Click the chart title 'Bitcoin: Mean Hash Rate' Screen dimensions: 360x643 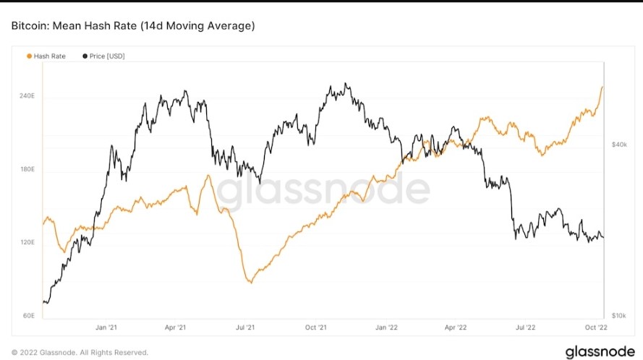(x=132, y=26)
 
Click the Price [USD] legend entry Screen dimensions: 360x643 (x=104, y=56)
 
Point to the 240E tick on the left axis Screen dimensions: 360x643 (x=27, y=96)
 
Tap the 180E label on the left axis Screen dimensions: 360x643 (x=27, y=170)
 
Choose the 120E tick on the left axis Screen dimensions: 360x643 (x=27, y=243)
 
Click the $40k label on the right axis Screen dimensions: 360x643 (x=619, y=145)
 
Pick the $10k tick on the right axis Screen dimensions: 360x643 (x=619, y=316)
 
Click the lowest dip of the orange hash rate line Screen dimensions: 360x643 (x=250, y=282)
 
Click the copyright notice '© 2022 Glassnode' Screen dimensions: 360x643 (x=80, y=352)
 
